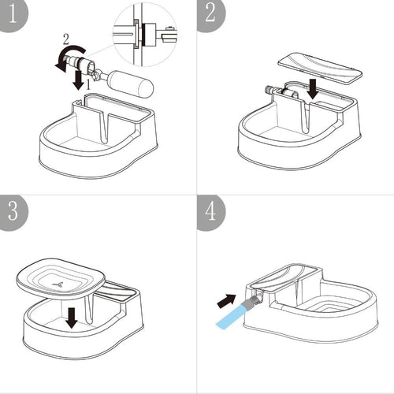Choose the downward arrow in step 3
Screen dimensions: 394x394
click(x=72, y=318)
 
